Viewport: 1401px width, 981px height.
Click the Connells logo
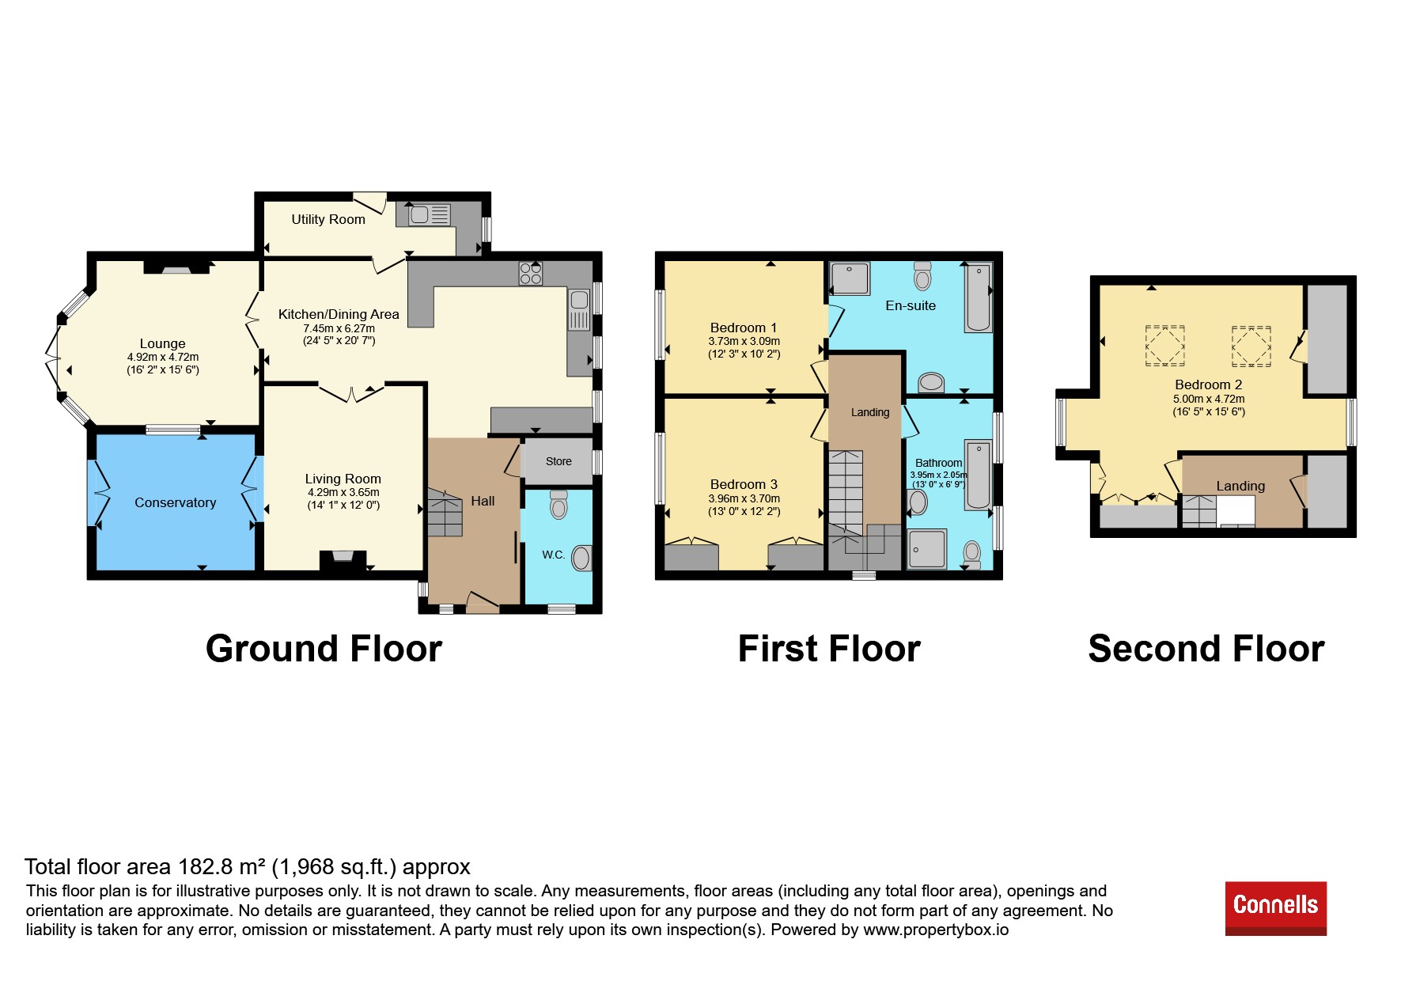point(1275,908)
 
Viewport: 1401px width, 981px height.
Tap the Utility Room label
point(328,219)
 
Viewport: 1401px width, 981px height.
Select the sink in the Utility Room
point(429,214)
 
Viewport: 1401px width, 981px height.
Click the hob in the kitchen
point(531,274)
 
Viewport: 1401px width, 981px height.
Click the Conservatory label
point(175,502)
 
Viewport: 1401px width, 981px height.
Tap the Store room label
point(559,461)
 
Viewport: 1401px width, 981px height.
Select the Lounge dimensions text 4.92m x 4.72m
point(163,357)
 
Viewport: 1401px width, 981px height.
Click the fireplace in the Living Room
point(343,560)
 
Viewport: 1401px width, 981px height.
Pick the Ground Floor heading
point(324,649)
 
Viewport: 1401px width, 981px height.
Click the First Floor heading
point(829,649)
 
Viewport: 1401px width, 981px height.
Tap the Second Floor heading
point(1206,649)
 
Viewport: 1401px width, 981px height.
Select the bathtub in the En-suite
point(979,297)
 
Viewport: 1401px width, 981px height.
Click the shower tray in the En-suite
point(850,278)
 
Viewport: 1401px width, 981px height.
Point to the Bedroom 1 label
point(744,328)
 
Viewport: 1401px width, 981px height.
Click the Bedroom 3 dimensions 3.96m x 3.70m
point(744,498)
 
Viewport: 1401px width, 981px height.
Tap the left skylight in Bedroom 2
point(1164,346)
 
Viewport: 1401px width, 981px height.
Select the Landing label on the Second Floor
point(1240,486)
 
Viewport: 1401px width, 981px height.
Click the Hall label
point(483,501)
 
